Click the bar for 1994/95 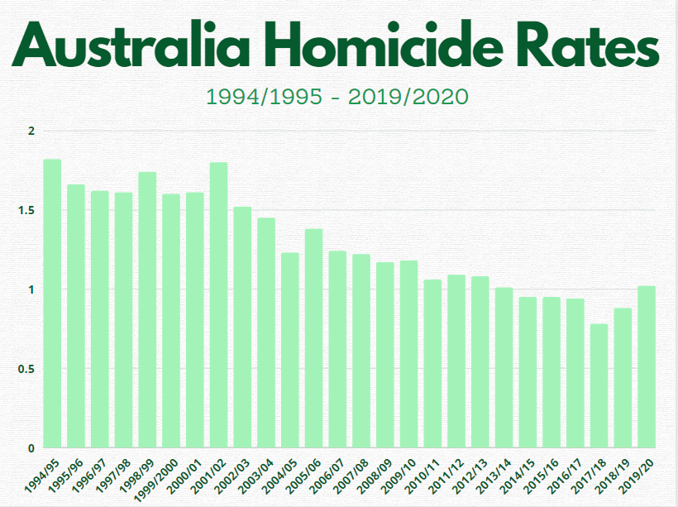coord(52,303)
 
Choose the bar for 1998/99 coord(147,309)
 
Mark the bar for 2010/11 coord(432,363)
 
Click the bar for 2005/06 coord(313,338)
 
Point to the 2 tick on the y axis coord(31,132)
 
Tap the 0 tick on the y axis coord(31,447)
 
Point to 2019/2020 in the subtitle coord(408,97)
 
